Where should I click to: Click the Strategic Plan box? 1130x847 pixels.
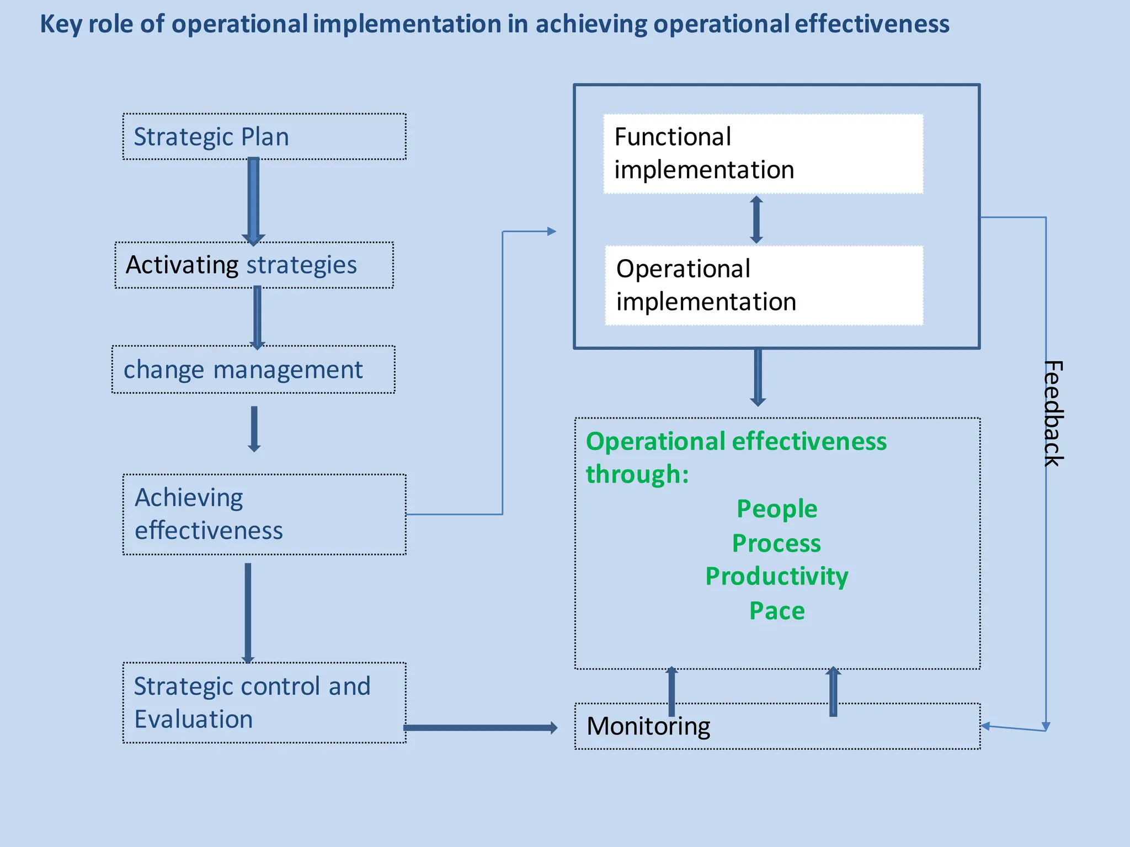tap(264, 137)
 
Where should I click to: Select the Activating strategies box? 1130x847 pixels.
tap(254, 265)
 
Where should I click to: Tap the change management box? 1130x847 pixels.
tap(253, 369)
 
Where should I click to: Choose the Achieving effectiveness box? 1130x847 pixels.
tap(264, 514)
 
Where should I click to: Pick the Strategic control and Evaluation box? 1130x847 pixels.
tap(264, 703)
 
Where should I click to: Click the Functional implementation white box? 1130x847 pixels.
tap(763, 154)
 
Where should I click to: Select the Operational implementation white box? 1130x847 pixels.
tap(764, 286)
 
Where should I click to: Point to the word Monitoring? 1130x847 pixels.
tap(648, 726)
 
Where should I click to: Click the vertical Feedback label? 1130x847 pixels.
tap(1053, 414)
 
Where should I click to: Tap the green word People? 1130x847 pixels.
tap(777, 509)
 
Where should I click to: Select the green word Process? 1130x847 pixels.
tap(776, 543)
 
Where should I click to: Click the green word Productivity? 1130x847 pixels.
tap(777, 577)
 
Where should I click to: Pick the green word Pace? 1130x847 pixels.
tap(777, 611)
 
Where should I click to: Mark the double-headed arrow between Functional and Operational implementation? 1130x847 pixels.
tap(756, 219)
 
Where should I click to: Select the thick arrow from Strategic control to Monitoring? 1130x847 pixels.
tap(480, 728)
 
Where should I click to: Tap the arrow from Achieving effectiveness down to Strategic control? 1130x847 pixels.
tap(248, 612)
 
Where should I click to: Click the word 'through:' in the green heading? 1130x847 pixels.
tap(637, 474)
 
